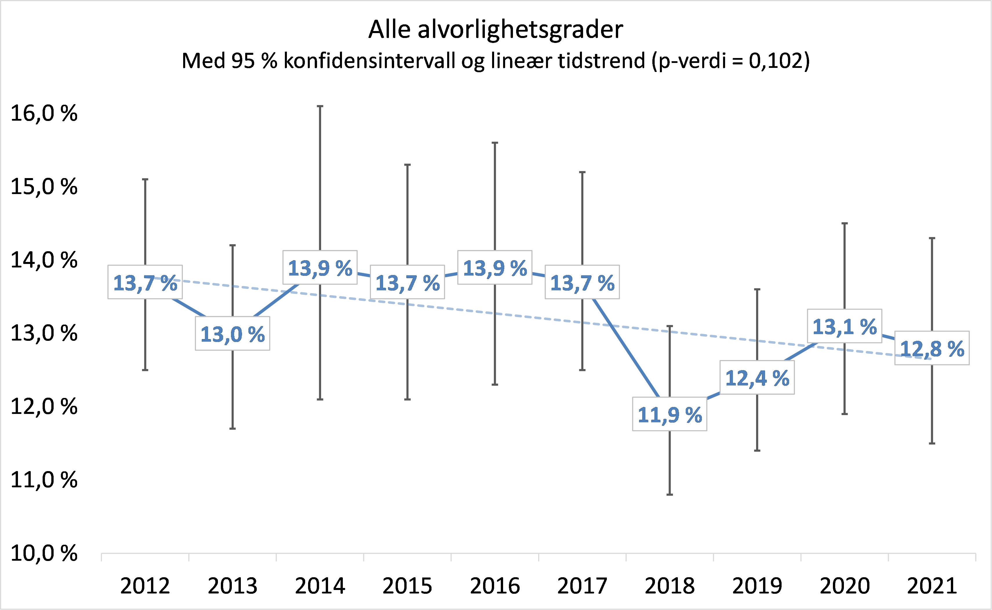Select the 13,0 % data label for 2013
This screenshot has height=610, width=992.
pos(233,334)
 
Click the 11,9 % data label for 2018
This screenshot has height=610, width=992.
pos(669,415)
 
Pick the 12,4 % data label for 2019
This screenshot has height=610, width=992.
pos(757,378)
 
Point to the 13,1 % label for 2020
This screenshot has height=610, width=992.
pos(844,327)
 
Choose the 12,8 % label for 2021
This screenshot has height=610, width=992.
pos(932,349)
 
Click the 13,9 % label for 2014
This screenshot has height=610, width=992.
pos(320,268)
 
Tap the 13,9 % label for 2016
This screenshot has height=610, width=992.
pos(495,268)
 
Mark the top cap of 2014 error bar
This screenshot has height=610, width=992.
pos(320,106)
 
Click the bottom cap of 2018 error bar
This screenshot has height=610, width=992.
pos(669,495)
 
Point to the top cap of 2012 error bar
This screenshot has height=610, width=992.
pos(145,179)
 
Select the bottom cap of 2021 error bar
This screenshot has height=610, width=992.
pos(932,444)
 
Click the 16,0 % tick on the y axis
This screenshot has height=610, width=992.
pos(43,113)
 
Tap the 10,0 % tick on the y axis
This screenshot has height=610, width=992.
pos(43,553)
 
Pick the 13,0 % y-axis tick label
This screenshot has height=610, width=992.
pos(43,333)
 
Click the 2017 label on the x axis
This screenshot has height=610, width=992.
pos(582,586)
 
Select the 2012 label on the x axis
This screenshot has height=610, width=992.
pos(145,586)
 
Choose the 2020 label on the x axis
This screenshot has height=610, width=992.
pos(844,586)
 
